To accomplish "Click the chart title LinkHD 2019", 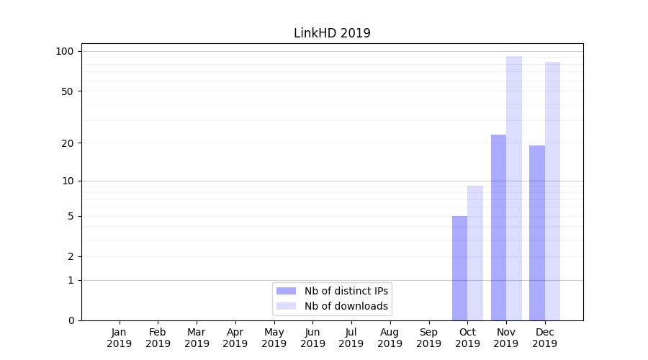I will (332, 33).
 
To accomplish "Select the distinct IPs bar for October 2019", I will (459, 268).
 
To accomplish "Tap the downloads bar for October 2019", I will (475, 253).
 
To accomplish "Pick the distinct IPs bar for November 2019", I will (498, 228).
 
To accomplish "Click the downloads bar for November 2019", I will (514, 188).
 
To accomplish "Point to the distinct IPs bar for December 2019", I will (537, 233).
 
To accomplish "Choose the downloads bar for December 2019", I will (552, 191).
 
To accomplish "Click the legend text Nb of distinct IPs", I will (346, 291).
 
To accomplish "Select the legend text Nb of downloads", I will (346, 306).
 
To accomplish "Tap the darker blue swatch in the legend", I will (286, 291).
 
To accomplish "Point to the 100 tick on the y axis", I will (65, 51).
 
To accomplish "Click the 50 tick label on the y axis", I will (67, 91).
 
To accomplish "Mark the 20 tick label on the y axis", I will (67, 143).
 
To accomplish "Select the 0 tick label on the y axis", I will (71, 320).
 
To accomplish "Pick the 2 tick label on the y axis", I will (71, 257).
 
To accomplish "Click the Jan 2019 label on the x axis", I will (119, 338).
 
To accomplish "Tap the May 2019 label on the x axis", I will (274, 338).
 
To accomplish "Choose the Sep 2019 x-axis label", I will (428, 338).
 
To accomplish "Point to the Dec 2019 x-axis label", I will (544, 338).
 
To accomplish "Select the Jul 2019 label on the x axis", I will (351, 338).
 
